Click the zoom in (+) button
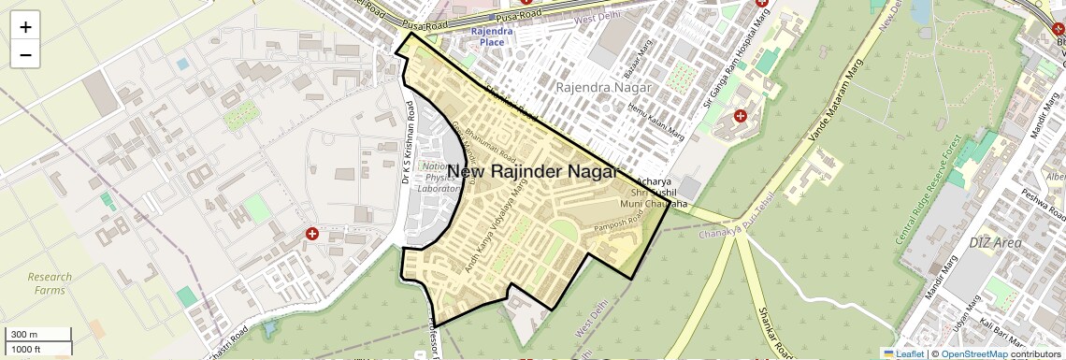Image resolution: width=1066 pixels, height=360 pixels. coord(25,27)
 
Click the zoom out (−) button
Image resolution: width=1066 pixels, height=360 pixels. coord(25,54)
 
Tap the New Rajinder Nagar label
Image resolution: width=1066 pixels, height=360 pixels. coord(532,172)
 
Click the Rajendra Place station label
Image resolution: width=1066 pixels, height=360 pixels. coord(492,36)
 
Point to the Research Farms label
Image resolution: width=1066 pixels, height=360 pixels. coord(49,283)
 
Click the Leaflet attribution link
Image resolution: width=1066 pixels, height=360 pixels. coord(903,353)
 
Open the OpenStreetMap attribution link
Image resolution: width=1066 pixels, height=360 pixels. coord(974,353)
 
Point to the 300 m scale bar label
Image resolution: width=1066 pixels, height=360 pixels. coord(24,335)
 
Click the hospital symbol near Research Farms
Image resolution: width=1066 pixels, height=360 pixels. coord(312,234)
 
